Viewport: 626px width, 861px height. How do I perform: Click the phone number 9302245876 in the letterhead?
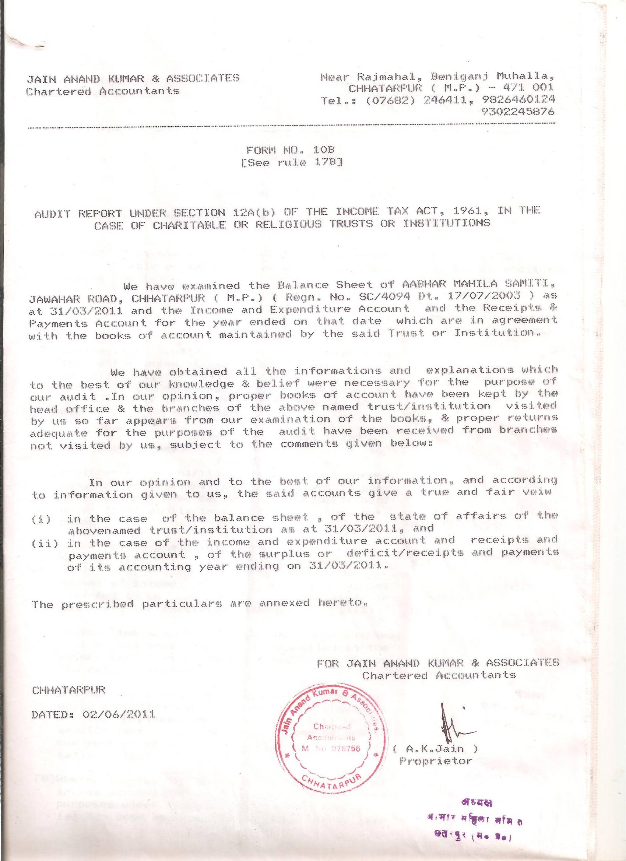tap(517, 112)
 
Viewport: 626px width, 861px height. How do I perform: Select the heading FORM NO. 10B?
tap(292, 150)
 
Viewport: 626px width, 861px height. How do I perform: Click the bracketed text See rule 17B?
tap(292, 163)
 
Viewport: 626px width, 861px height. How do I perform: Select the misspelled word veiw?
tap(540, 492)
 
